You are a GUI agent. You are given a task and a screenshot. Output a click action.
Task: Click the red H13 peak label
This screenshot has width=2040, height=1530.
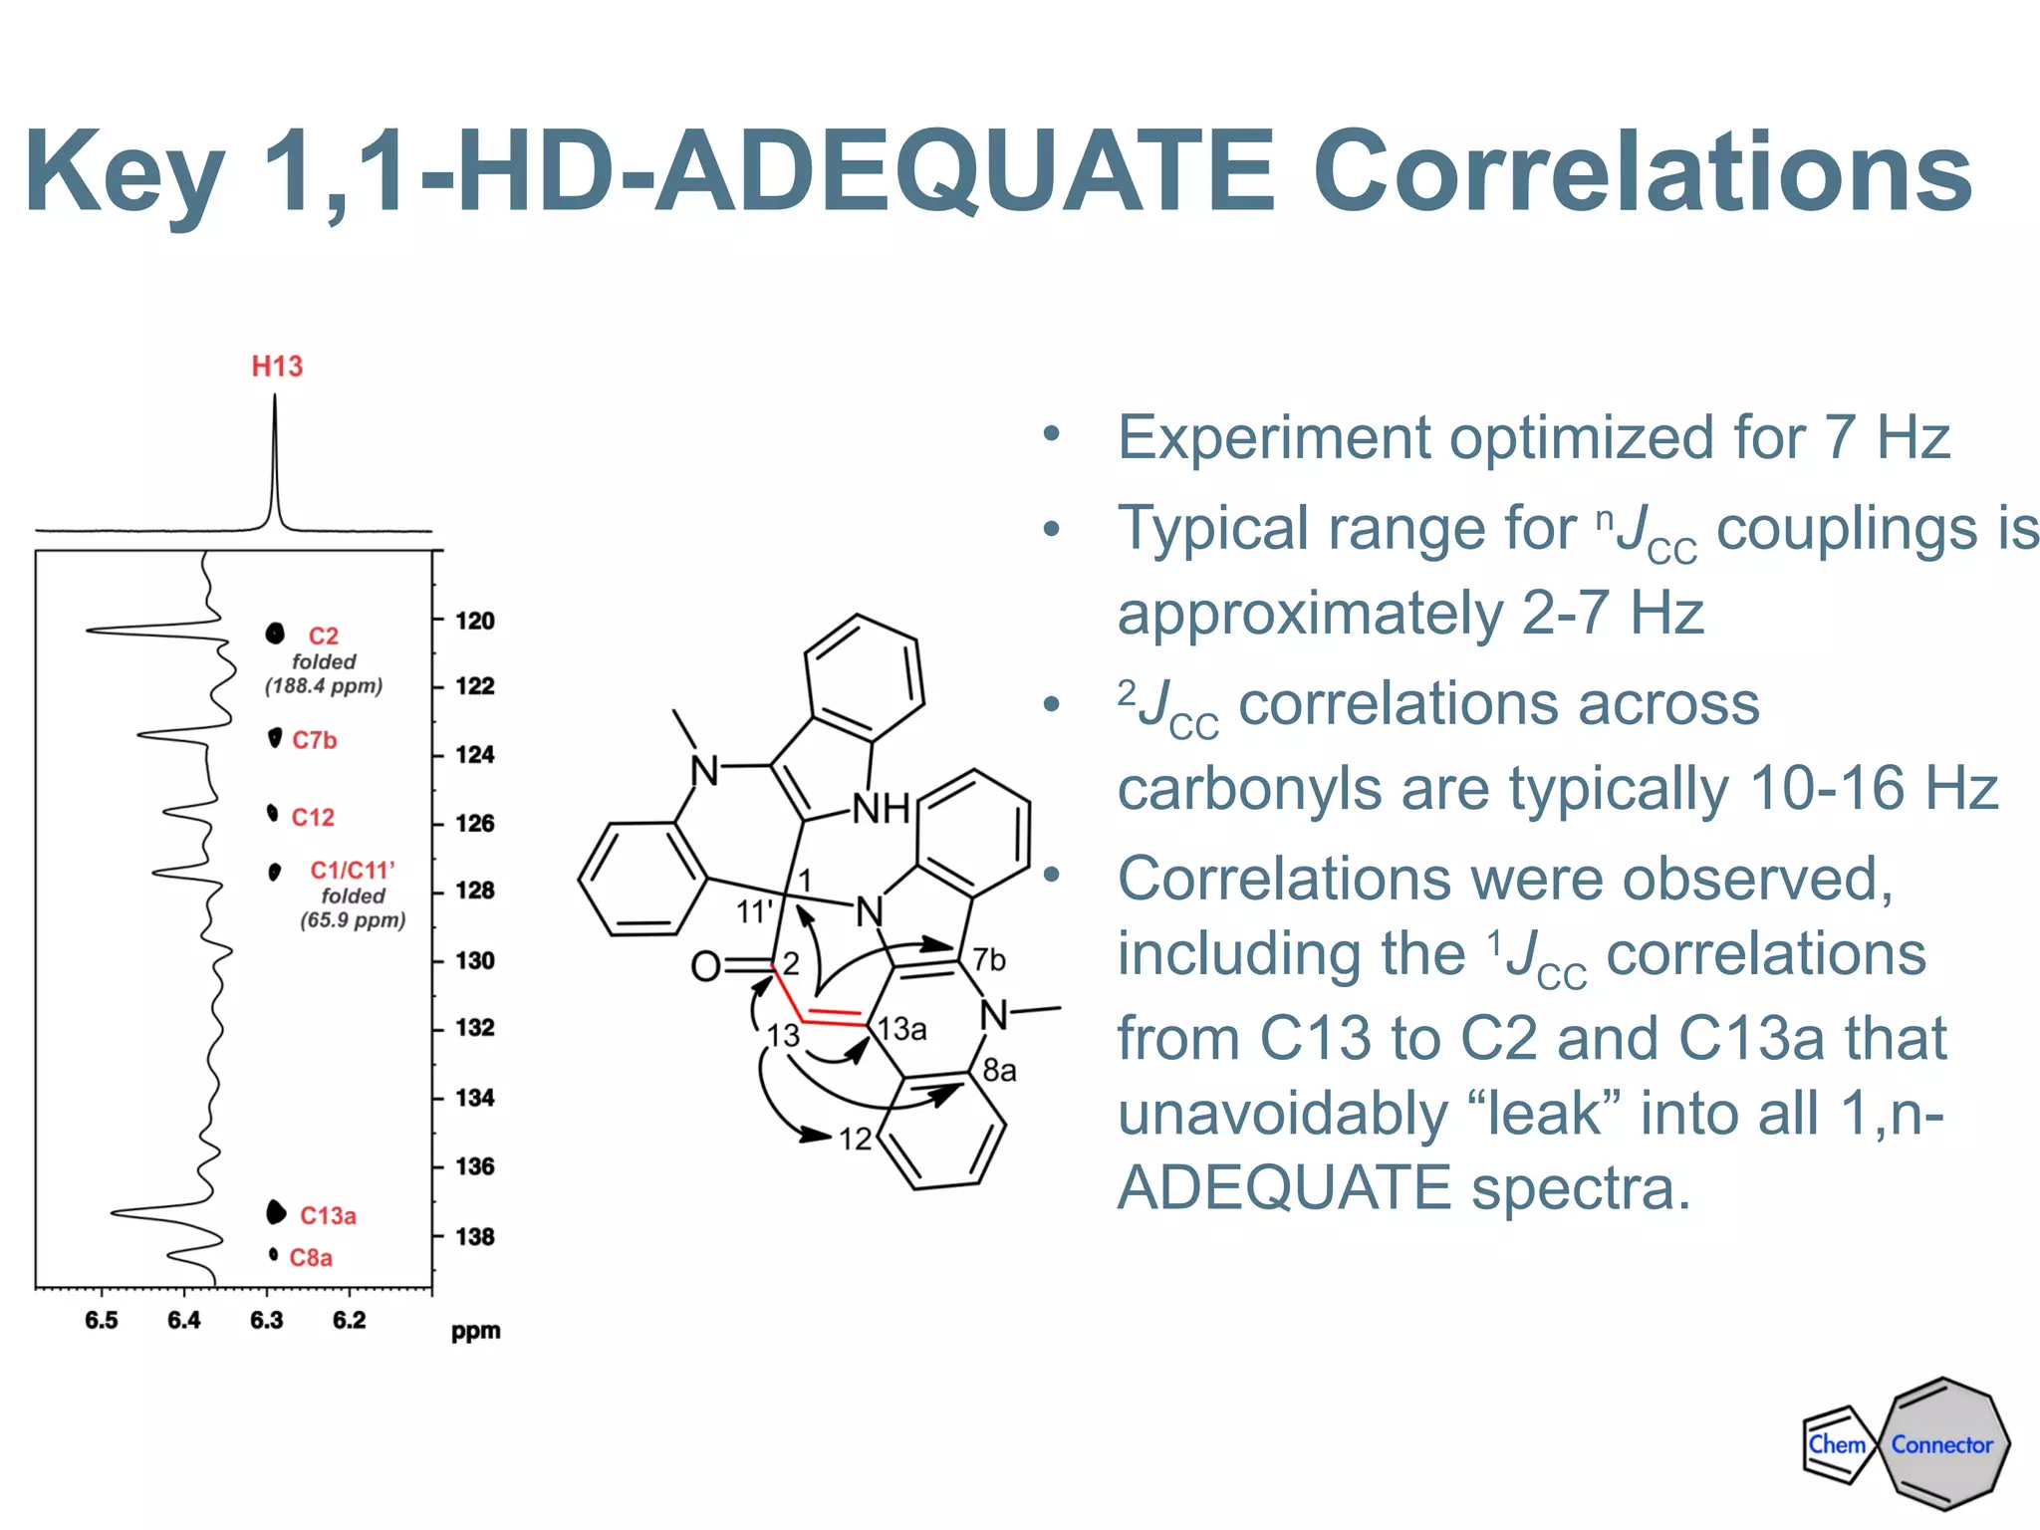coord(277,367)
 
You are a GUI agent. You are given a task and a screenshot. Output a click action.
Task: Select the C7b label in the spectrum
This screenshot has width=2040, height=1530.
coord(315,740)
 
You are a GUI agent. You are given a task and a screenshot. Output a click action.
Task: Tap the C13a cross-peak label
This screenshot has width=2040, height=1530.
coord(328,1216)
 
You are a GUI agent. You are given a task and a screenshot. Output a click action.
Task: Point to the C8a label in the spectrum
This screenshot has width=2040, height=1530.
coord(311,1258)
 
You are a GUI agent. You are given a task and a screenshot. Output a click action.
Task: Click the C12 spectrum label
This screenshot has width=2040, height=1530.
coord(313,818)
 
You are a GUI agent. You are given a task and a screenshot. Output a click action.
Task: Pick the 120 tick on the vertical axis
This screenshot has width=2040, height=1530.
coord(475,621)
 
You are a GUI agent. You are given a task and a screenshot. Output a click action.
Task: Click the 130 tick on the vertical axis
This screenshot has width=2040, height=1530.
coord(475,960)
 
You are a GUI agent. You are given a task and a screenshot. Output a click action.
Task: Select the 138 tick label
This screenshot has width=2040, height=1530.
coord(475,1236)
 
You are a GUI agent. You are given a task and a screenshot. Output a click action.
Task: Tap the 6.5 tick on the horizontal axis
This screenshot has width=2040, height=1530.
coord(102,1321)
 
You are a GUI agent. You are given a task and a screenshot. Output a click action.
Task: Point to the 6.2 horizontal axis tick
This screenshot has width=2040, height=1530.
coord(349,1321)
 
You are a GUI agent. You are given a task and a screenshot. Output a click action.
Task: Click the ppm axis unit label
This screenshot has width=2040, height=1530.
coord(476,1332)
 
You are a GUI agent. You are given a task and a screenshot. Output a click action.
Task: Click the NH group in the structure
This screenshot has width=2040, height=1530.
coord(881,809)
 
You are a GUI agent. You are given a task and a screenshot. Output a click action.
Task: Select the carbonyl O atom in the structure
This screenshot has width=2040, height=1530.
coord(705,966)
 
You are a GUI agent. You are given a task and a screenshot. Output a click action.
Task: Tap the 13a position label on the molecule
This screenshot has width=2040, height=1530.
coord(902,1029)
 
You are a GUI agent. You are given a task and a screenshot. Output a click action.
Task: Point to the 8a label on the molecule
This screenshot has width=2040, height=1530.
coord(999,1071)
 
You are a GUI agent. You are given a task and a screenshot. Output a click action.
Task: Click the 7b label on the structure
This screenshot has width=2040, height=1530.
coord(989,959)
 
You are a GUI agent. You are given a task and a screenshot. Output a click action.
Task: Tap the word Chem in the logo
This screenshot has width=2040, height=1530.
coord(1837,1444)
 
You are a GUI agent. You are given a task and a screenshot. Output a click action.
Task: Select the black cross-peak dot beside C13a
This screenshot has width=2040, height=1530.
coord(276,1212)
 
